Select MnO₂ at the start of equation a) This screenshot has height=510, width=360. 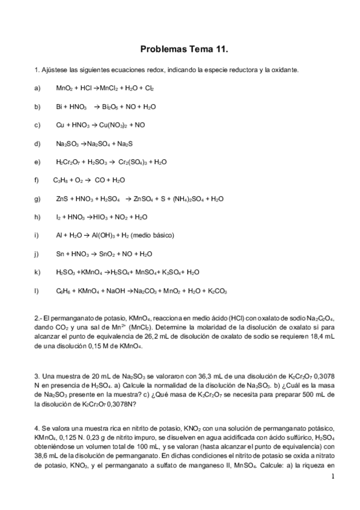pyautogui.click(x=64, y=88)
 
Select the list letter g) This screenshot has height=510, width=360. pyautogui.click(x=38, y=199)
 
